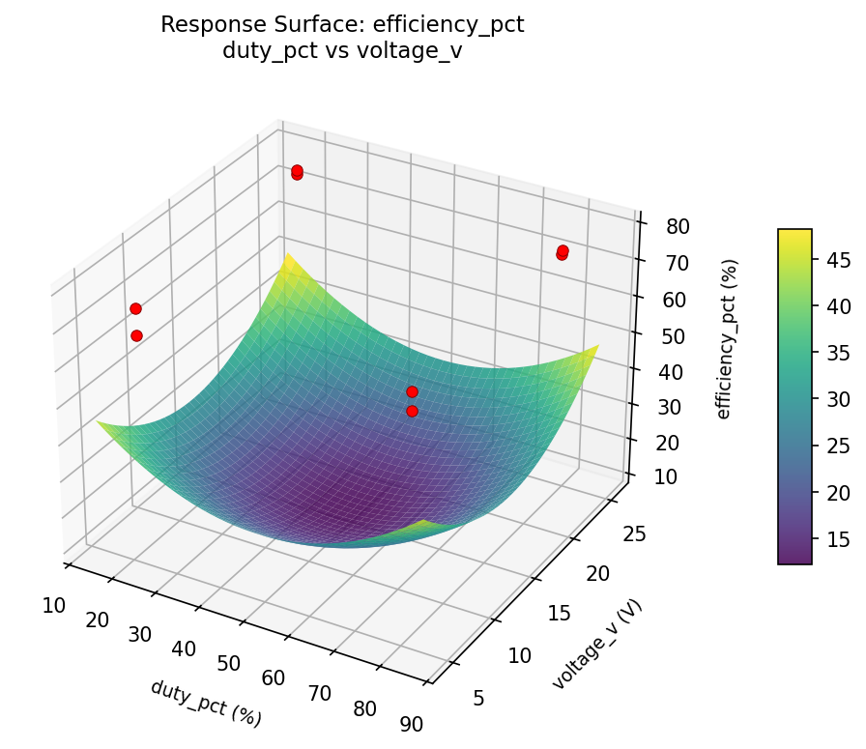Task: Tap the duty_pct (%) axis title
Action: point(206,703)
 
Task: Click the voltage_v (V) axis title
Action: point(597,644)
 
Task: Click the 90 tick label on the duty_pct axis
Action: point(410,724)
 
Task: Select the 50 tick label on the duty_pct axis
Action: point(228,663)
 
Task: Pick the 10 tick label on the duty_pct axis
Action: point(54,606)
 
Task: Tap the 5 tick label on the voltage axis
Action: point(479,698)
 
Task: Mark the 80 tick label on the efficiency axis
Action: point(678,227)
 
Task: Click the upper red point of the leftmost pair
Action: point(135,308)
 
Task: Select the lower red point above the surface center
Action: point(412,411)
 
